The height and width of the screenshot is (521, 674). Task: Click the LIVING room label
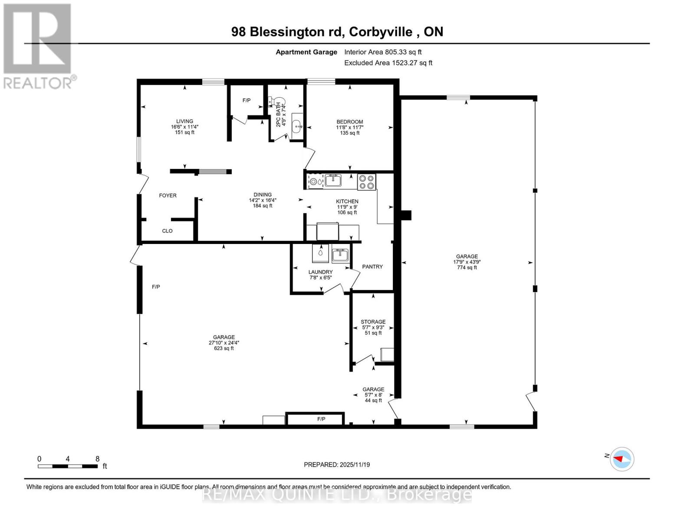pyautogui.click(x=184, y=122)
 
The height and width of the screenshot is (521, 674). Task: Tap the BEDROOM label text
pyautogui.click(x=350, y=122)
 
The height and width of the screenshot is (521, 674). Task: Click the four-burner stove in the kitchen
pyautogui.click(x=366, y=181)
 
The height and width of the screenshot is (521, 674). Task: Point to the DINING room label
pyautogui.click(x=263, y=195)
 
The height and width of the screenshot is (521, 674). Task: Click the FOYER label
pyautogui.click(x=168, y=196)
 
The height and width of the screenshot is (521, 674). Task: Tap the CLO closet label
pyautogui.click(x=167, y=231)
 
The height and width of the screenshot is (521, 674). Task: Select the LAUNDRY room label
pyautogui.click(x=320, y=272)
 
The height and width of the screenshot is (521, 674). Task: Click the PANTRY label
pyautogui.click(x=372, y=267)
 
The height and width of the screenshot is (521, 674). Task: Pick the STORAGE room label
pyautogui.click(x=373, y=322)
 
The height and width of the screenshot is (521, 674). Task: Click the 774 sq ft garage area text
pyautogui.click(x=467, y=268)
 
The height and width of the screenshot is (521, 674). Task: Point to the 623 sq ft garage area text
pyautogui.click(x=224, y=348)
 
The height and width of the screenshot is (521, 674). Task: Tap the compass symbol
pyautogui.click(x=622, y=458)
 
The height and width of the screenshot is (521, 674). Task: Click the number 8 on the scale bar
pyautogui.click(x=97, y=459)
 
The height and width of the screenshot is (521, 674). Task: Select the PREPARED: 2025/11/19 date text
pyautogui.click(x=337, y=465)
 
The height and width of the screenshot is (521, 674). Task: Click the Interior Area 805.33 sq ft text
pyautogui.click(x=383, y=52)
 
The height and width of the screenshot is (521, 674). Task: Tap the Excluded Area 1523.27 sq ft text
pyautogui.click(x=388, y=63)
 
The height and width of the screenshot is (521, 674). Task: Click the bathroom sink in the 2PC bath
pyautogui.click(x=297, y=127)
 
